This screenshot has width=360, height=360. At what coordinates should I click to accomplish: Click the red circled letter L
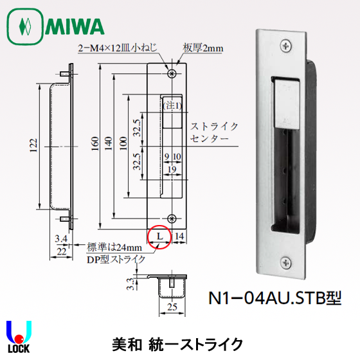159,237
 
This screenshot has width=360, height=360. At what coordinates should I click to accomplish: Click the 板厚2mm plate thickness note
203,47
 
